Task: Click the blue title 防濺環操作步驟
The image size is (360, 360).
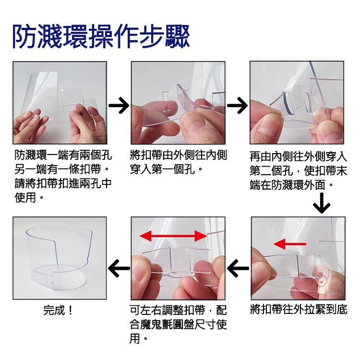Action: point(101,36)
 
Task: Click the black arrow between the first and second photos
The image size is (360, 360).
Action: point(119,106)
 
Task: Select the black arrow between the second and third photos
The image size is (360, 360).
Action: point(238,106)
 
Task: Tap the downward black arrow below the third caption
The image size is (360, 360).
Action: point(322,203)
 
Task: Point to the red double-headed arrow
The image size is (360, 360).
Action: point(173,236)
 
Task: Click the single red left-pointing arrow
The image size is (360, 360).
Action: point(290,244)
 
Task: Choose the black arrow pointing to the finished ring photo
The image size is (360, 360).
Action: point(119,268)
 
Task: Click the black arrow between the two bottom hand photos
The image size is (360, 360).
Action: point(238,268)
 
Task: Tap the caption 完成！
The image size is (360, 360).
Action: point(58,310)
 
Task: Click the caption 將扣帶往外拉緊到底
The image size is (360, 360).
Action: point(299,309)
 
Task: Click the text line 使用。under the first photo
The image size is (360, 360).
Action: point(29,197)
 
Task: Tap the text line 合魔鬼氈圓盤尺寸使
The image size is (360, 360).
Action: point(178,324)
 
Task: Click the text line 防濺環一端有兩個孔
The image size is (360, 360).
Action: point(63,155)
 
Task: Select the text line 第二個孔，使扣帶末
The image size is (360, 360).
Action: point(299,170)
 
